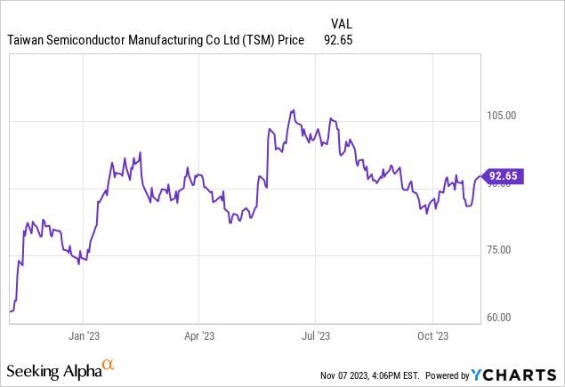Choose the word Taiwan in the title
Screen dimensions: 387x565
[x=28, y=40]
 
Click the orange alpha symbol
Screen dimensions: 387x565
[x=109, y=364]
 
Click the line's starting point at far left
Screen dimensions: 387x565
[x=10, y=311]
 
